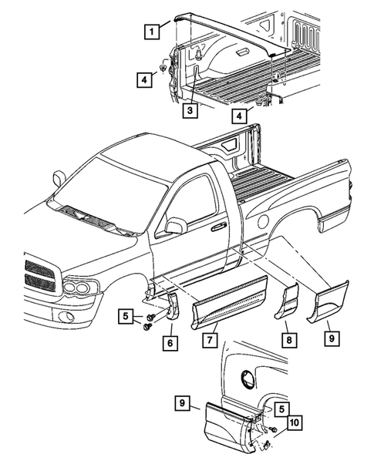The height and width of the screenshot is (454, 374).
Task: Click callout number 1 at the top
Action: pyautogui.click(x=153, y=32)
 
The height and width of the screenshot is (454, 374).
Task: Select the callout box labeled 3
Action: pyautogui.click(x=187, y=111)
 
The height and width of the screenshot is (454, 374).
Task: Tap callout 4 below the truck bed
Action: pyautogui.click(x=241, y=117)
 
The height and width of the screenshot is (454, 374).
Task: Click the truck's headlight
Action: pyautogui.click(x=80, y=289)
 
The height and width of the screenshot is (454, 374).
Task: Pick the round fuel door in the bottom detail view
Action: pyautogui.click(x=248, y=378)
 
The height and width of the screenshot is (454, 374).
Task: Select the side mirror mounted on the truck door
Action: pyautogui.click(x=176, y=225)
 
